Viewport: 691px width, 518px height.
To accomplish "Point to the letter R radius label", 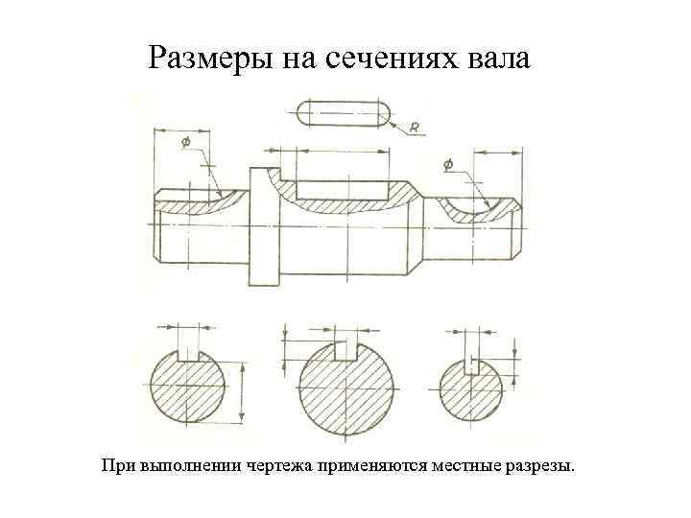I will click(x=413, y=125).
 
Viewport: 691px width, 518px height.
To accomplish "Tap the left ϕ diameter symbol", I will click(x=184, y=142).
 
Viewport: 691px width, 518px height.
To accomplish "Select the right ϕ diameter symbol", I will click(x=449, y=164).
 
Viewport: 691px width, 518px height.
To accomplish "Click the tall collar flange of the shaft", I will click(x=264, y=226).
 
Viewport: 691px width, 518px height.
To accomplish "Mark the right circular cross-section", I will click(x=470, y=391).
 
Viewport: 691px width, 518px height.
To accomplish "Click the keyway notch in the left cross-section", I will click(x=188, y=353).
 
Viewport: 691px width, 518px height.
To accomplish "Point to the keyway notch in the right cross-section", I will click(x=470, y=365).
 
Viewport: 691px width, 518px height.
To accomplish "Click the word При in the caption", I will click(x=118, y=467).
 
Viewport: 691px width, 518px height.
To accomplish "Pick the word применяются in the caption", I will click(x=369, y=467).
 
